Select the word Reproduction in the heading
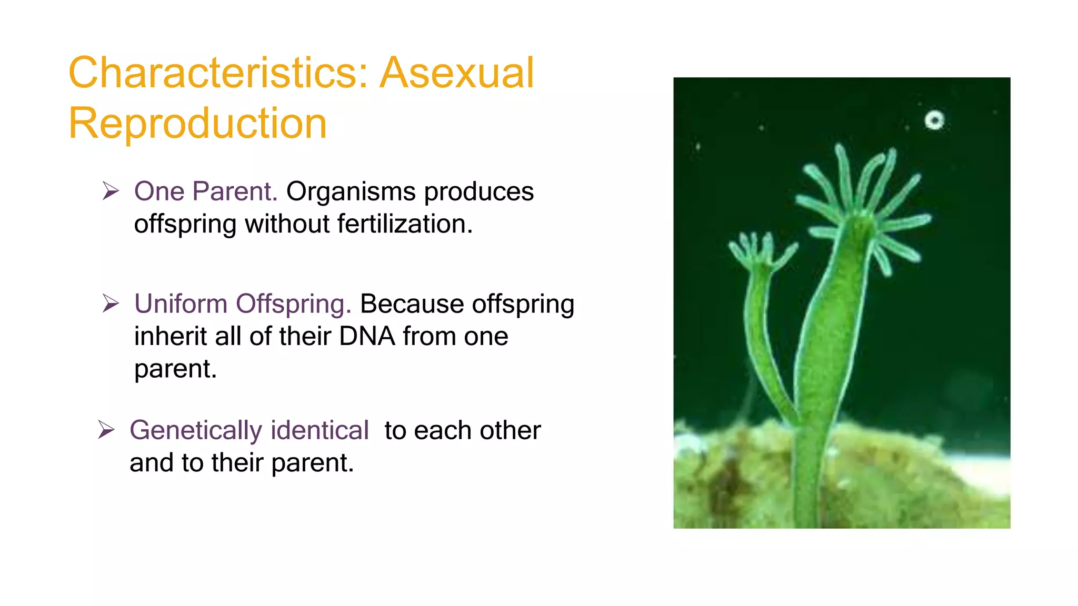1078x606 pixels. [197, 123]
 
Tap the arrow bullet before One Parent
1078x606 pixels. [111, 191]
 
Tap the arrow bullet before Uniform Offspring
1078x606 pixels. [111, 304]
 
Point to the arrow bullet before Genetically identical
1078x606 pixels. [106, 430]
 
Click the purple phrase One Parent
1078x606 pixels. [205, 191]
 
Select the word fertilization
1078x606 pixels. [405, 224]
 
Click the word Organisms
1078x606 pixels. [351, 191]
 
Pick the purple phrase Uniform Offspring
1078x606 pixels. [242, 304]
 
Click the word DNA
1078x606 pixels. [367, 336]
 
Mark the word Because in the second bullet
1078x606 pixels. [411, 304]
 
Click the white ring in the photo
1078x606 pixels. [934, 120]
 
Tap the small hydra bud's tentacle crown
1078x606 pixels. [761, 251]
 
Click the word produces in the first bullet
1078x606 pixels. [478, 191]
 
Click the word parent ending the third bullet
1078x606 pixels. [312, 463]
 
